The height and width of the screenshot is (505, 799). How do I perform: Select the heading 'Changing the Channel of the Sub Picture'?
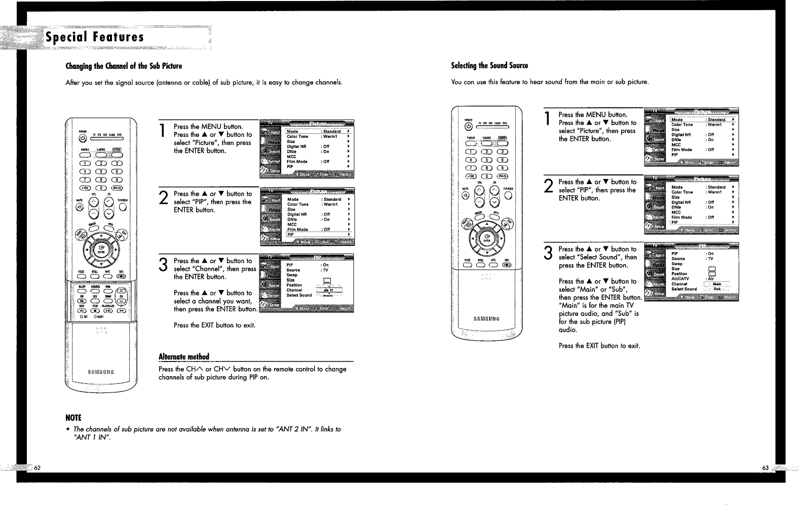click(124, 66)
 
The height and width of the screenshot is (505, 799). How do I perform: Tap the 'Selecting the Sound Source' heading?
click(489, 66)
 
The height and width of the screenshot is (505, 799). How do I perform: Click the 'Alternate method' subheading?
click(183, 356)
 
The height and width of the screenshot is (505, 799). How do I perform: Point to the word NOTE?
click(73, 418)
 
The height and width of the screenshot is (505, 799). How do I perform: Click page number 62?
click(37, 467)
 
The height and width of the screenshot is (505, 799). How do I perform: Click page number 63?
click(766, 467)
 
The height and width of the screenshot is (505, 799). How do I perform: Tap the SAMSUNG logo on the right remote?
click(486, 318)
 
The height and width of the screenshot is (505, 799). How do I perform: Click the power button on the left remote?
click(82, 139)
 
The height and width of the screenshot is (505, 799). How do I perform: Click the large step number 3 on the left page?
click(163, 264)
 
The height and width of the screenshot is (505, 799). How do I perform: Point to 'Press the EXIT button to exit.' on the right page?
click(599, 346)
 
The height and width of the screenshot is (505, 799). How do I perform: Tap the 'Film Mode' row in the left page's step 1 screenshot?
click(297, 161)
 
